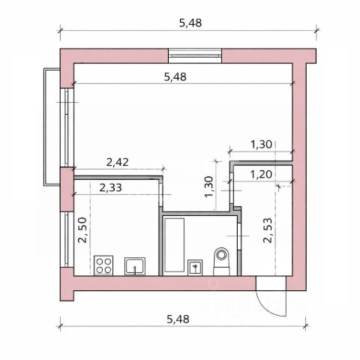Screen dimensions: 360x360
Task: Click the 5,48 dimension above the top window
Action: coord(190,23)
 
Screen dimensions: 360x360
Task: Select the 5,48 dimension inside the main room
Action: coord(175,77)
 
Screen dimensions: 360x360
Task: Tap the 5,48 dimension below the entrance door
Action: coord(178,319)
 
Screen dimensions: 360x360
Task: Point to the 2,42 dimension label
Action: coord(118,163)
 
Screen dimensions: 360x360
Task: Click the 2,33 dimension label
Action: coord(110,187)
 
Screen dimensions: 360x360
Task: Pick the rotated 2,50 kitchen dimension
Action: coord(82,230)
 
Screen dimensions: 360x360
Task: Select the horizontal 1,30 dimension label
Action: coord(261,145)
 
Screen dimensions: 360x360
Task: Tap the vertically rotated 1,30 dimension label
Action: coord(208,187)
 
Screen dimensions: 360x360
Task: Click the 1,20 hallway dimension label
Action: coord(261,174)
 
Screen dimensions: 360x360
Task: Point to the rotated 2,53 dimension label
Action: coord(268,230)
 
